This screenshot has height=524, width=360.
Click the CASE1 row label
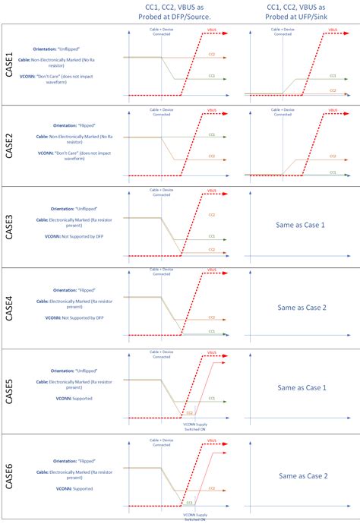[x=10, y=64]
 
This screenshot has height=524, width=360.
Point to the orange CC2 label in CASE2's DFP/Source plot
[x=212, y=156]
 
